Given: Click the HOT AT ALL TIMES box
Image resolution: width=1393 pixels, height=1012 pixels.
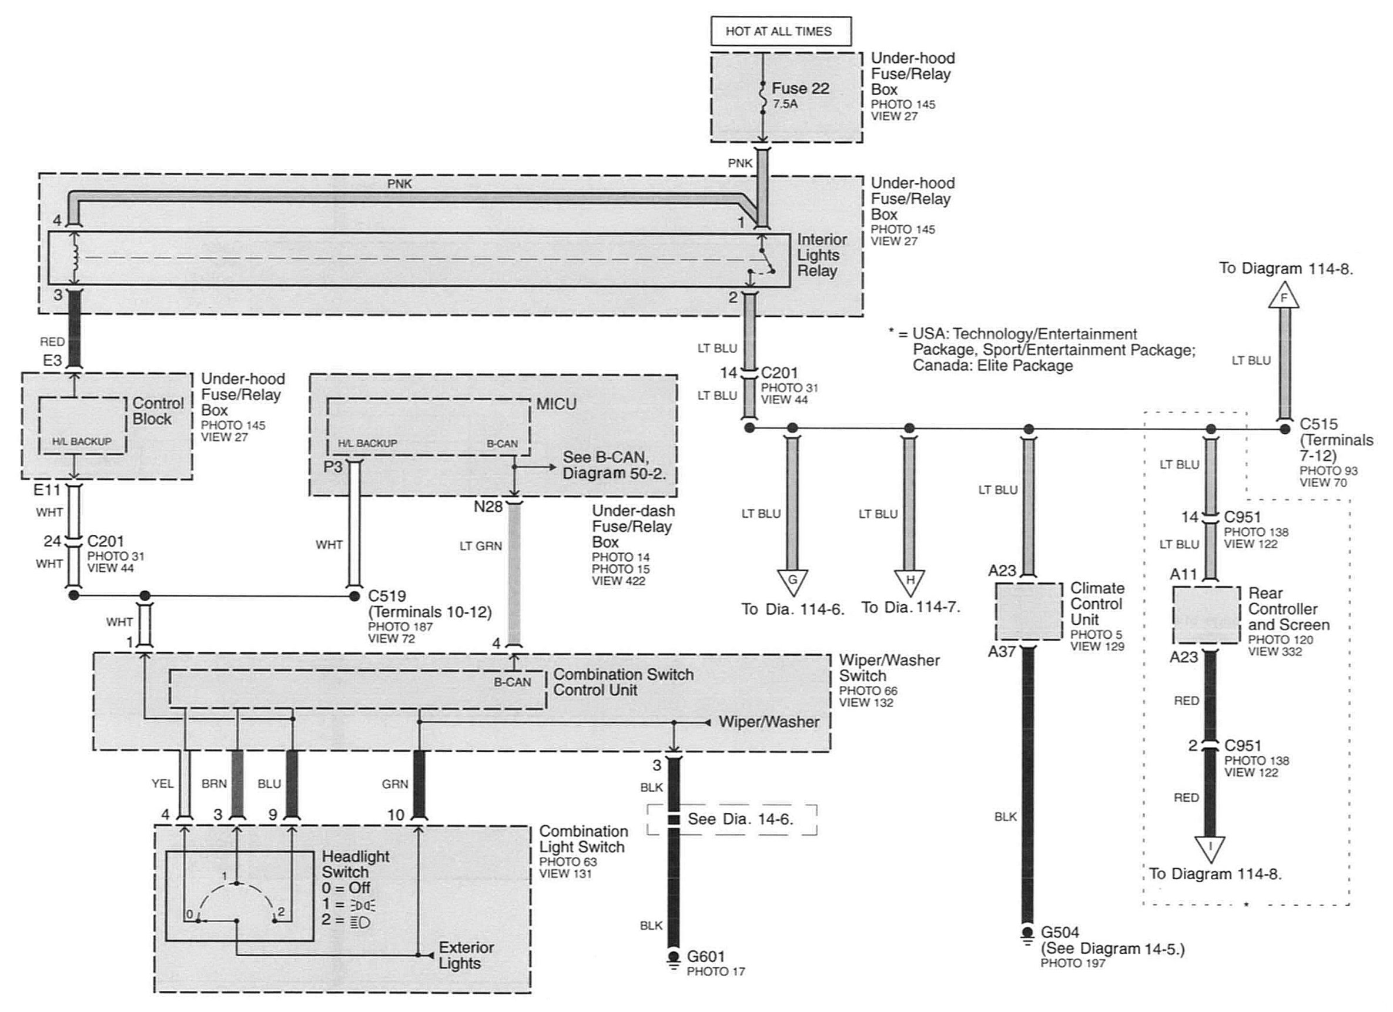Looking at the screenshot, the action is click(781, 31).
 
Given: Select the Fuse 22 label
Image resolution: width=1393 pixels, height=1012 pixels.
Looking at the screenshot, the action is click(801, 88).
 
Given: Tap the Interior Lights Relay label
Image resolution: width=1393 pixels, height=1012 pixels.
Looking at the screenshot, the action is click(822, 255).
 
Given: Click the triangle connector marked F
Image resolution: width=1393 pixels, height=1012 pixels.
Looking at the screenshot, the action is click(1284, 296).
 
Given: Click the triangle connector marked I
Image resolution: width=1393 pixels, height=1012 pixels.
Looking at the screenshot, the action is click(1210, 849).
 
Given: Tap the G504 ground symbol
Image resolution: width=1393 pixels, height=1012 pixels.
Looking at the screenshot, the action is click(1027, 934).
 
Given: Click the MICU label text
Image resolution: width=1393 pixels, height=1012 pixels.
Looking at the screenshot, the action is click(557, 404).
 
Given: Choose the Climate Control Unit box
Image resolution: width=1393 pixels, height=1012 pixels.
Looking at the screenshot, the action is click(1029, 612).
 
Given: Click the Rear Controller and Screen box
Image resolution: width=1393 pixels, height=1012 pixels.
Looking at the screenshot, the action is click(1206, 615).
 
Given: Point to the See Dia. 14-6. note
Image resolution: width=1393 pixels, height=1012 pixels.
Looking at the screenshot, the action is click(740, 819).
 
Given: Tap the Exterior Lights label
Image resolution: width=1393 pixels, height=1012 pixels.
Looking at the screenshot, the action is click(466, 955).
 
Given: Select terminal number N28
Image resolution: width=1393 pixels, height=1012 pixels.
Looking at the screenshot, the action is click(488, 507).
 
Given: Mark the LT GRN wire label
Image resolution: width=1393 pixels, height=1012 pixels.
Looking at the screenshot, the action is click(480, 545).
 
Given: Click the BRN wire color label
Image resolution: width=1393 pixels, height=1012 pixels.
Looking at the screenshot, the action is click(215, 783).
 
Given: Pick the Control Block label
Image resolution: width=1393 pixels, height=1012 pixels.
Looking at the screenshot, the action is click(159, 411).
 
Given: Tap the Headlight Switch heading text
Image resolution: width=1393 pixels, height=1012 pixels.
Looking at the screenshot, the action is click(356, 864).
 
